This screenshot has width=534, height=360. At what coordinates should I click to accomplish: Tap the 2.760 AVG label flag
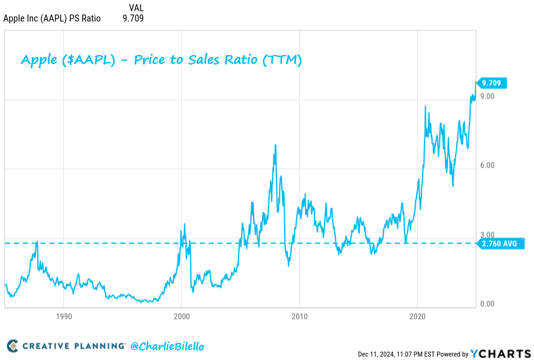click(x=500, y=243)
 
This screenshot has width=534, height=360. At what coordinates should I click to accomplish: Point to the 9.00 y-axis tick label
click(x=487, y=96)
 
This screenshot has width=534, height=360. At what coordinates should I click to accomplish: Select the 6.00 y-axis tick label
click(x=487, y=165)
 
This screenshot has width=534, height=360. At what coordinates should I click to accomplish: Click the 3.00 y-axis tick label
click(x=487, y=235)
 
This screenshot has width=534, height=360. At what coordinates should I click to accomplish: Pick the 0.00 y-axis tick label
click(x=487, y=304)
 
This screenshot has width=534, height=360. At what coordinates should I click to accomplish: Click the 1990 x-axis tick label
click(x=63, y=316)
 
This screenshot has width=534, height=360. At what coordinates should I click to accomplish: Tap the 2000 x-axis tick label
click(x=182, y=316)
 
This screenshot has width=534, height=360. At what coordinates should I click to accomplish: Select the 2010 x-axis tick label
click(x=299, y=316)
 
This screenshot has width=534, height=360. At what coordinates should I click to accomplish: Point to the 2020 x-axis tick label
click(x=418, y=316)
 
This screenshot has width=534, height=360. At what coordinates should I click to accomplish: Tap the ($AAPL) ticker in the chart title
click(x=93, y=61)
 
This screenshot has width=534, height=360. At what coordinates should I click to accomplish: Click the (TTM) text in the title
click(x=281, y=61)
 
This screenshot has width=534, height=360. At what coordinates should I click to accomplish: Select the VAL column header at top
click(x=136, y=8)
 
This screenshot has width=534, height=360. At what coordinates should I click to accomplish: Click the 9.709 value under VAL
click(x=133, y=18)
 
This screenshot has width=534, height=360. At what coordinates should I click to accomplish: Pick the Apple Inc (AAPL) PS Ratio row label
click(x=52, y=18)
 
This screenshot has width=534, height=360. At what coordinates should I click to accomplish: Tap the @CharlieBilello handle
click(x=167, y=346)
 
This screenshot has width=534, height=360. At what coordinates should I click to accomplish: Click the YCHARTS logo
click(x=499, y=354)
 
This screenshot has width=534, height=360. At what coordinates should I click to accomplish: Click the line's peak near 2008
click(x=275, y=146)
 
